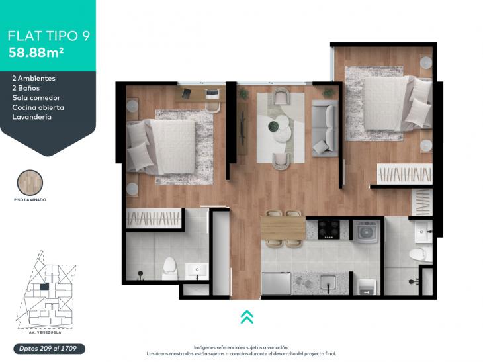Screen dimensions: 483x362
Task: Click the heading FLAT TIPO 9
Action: coord(49,36)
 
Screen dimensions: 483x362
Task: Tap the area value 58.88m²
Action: coord(36,52)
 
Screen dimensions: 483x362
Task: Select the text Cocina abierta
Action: coord(38,107)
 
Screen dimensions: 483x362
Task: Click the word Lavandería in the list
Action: coord(32,117)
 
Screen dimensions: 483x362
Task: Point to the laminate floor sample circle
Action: coord(30,183)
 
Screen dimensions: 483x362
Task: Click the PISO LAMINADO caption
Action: coord(30,200)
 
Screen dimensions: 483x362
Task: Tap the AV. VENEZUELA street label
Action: coord(43,332)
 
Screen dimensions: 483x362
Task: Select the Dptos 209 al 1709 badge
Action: coord(49,349)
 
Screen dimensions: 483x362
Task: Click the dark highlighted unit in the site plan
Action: coord(44,287)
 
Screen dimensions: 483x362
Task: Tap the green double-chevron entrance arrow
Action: coord(247,317)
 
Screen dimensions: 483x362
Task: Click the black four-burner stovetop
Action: coord(329,230)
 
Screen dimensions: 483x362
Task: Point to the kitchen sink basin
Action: coord(328,283)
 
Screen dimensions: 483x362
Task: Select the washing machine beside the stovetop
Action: coord(366,232)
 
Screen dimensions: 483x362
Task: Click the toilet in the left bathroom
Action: coord(169,268)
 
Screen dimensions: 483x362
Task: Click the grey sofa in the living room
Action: coord(325,128)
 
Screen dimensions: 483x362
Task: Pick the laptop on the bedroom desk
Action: coord(212,93)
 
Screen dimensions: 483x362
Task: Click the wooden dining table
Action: coord(283,228)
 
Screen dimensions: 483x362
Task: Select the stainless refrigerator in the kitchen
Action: coord(277,283)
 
